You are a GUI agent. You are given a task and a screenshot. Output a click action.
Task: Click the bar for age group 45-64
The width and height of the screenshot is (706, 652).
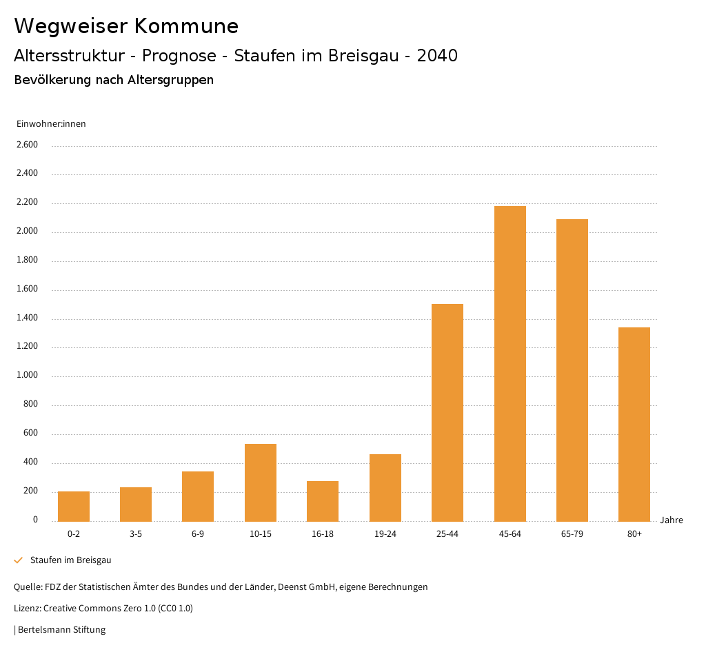tap(510, 363)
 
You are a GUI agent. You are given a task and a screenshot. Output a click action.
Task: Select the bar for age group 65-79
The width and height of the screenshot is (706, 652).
tap(572, 370)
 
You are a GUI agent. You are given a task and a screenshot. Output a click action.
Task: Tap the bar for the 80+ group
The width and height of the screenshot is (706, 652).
tap(634, 424)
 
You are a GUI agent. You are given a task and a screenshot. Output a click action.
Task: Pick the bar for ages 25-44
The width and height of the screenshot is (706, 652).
tap(447, 412)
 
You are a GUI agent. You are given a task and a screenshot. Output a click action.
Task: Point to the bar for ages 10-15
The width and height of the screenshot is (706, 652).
tap(261, 482)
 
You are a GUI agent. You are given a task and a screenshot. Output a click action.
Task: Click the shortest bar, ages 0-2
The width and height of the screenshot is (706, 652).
tap(74, 506)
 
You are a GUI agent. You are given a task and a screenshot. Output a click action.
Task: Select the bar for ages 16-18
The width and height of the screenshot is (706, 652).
tap(323, 501)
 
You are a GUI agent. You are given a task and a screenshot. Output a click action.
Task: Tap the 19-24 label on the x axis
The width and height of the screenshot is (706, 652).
tap(385, 534)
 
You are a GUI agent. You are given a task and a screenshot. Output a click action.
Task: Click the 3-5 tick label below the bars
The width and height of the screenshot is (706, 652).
tap(136, 534)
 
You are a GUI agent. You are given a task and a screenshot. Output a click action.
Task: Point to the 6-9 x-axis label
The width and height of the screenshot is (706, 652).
tap(198, 534)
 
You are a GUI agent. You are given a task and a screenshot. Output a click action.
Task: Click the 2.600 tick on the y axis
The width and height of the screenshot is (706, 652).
tap(27, 145)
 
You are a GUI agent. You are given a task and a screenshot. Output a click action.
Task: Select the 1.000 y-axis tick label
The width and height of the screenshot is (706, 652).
tap(27, 376)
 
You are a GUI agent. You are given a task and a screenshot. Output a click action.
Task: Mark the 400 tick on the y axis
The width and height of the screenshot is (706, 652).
tap(31, 462)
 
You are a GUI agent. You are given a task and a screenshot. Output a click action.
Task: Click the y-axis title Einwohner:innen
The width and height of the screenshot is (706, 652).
tap(51, 124)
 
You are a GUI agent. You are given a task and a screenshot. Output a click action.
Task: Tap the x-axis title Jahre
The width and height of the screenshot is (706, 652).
tap(671, 520)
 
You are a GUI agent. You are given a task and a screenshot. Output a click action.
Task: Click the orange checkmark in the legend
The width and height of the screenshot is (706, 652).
tap(19, 560)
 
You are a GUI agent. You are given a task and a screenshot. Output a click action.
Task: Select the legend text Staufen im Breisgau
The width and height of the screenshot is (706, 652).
tap(70, 560)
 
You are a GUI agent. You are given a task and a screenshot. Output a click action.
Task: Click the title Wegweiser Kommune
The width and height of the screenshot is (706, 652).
tap(126, 26)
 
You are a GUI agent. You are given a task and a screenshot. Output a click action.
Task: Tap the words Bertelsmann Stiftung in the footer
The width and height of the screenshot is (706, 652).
tap(61, 629)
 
